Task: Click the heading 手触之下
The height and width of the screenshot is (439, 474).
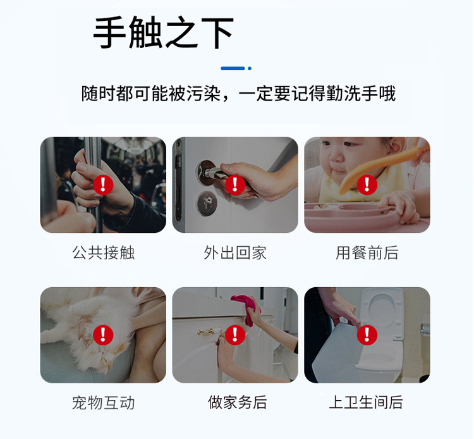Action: point(164,32)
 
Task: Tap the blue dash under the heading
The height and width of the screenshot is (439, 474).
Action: point(233,68)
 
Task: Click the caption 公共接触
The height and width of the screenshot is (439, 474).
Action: point(104,252)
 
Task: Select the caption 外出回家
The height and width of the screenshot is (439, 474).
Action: point(235,252)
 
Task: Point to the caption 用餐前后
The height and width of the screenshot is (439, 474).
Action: point(367,252)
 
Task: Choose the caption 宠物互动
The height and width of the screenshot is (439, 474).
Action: point(104,403)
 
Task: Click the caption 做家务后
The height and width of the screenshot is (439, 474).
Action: point(237,402)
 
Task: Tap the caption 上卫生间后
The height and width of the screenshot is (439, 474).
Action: point(366,402)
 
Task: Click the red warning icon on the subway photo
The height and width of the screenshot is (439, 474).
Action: point(103,185)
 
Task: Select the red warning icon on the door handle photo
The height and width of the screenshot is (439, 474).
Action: point(235,185)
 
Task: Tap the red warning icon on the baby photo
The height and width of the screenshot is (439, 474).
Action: point(367,185)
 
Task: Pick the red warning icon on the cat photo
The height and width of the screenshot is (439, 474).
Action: point(103,335)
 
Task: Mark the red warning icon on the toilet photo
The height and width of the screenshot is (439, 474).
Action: point(367,335)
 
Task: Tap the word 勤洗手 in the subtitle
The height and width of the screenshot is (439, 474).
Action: point(352,94)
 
